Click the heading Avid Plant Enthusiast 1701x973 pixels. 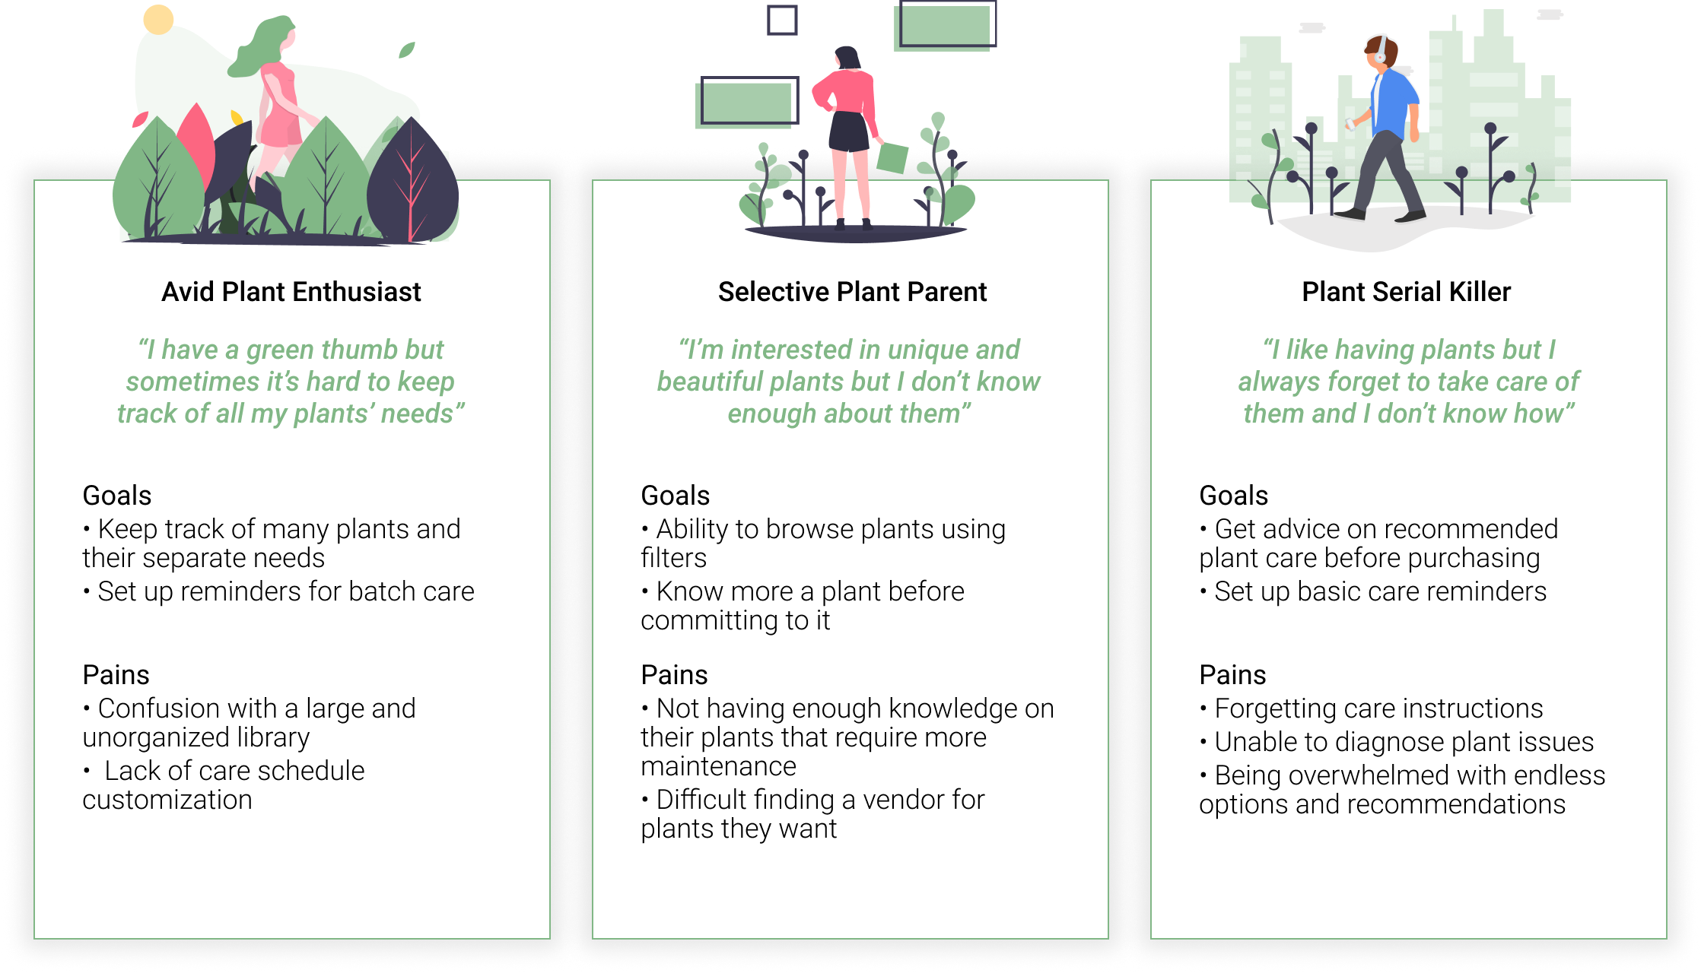[x=291, y=292]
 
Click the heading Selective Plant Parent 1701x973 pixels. [x=852, y=292]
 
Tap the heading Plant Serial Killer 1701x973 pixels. [x=1406, y=292]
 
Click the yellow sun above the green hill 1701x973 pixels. [x=158, y=20]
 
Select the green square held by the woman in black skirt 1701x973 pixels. [x=892, y=157]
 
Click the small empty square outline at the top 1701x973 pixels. [x=782, y=20]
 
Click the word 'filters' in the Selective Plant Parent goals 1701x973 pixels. [x=673, y=558]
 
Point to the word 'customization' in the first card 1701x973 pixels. [x=167, y=800]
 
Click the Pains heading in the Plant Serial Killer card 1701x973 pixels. [x=1232, y=675]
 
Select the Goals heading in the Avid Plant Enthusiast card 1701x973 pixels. [x=117, y=496]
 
